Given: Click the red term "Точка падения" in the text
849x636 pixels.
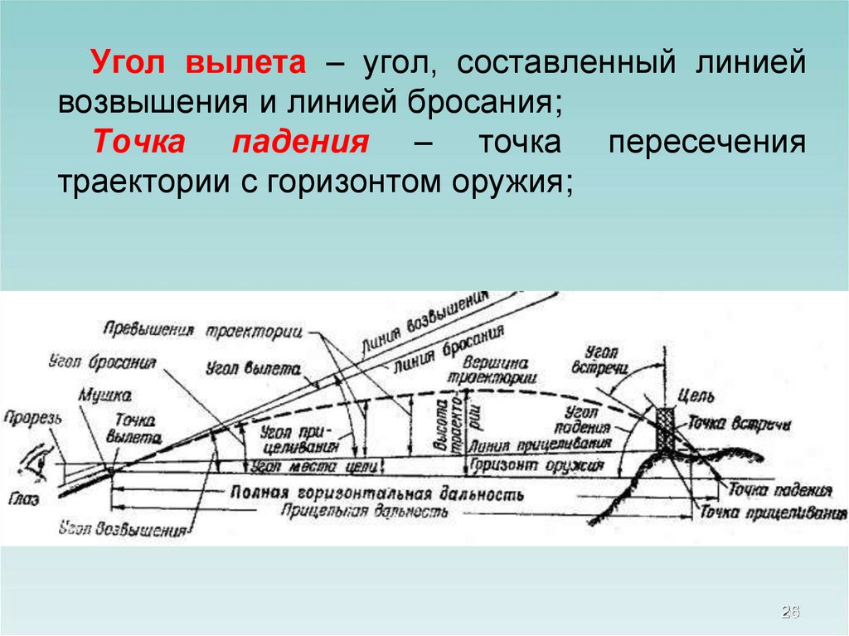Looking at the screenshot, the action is tap(230, 141).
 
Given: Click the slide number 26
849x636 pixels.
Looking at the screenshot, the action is tap(789, 612).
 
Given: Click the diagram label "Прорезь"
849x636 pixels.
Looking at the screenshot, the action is tap(32, 418).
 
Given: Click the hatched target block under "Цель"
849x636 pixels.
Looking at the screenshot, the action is tap(665, 428).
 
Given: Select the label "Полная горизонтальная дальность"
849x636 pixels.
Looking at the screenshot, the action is tap(377, 492).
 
